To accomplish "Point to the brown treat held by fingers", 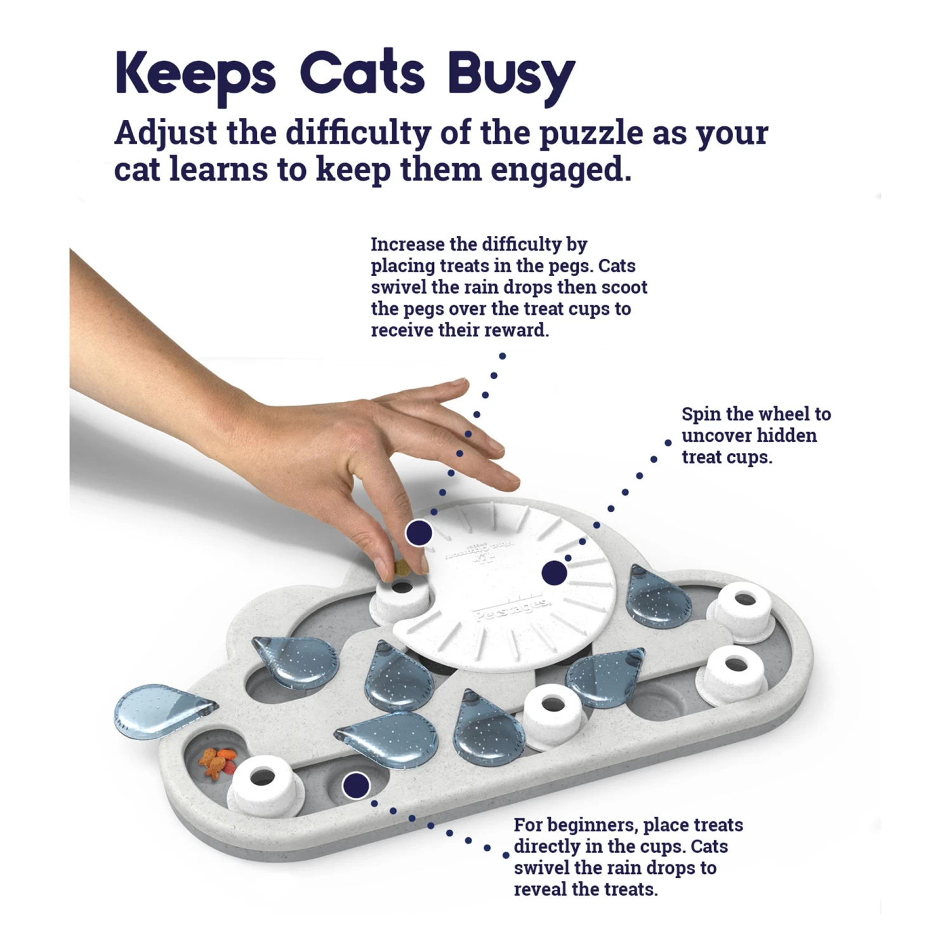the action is (402, 569).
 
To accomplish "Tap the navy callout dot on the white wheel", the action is (555, 573).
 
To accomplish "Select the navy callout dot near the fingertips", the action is (419, 532).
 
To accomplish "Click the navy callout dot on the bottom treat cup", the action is (356, 786).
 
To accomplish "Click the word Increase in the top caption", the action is (408, 244).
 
